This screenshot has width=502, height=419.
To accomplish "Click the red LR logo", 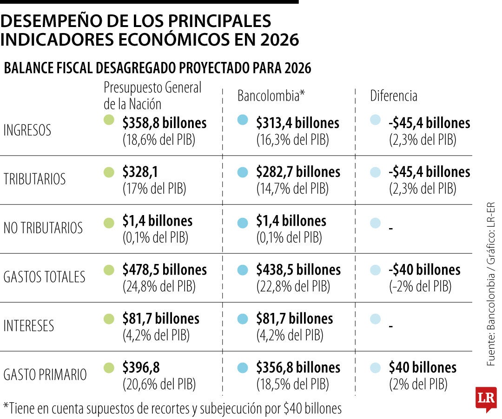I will coord(486,399).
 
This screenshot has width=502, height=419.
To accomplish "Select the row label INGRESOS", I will coord(27,131).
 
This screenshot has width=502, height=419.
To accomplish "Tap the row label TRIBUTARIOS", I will coord(34,179).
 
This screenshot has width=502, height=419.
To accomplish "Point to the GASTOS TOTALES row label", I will coord(44,277).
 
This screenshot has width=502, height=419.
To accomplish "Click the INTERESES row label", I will coord(29,326).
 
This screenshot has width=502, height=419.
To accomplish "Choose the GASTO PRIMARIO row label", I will coord(45,375).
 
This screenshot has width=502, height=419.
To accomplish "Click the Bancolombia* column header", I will coord(271,96).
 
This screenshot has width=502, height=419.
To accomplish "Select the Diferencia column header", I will coord(393,96).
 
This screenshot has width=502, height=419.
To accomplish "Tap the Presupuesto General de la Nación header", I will coord(152,95).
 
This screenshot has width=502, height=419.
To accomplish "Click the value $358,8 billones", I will coord(165,123).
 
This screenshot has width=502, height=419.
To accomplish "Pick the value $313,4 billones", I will coord(297,123).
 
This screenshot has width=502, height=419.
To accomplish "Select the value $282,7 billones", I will coord(298,172).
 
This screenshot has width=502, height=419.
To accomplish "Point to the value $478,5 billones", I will coord(165,270).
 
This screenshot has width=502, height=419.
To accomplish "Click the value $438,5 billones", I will coord(298,270).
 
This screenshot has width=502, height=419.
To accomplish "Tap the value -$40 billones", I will coord(424,270).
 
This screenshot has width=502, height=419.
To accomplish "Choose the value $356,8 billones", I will coord(298,367).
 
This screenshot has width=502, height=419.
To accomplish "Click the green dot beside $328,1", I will coord(109,172).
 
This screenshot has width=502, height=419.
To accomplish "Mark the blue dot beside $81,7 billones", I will coord(242,319).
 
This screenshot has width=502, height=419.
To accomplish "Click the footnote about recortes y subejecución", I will coord(172,408).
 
